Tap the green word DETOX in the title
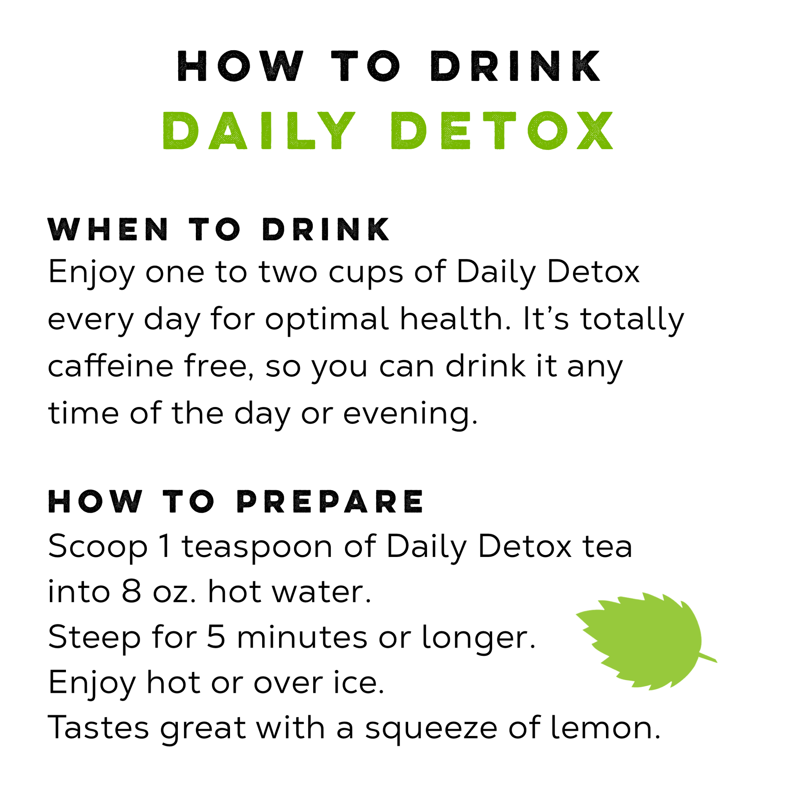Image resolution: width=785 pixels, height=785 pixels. pos(501,131)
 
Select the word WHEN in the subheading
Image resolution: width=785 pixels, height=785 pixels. pos(108,230)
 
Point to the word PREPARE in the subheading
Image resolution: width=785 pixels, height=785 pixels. pos(330,501)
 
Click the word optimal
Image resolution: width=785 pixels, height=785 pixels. pos(327,319)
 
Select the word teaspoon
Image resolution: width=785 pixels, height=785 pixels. pos(257,547)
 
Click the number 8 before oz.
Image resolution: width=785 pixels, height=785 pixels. pos(131,591)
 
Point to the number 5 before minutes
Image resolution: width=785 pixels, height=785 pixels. pos(216,637)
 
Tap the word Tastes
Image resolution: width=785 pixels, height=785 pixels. pos(99,727)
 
